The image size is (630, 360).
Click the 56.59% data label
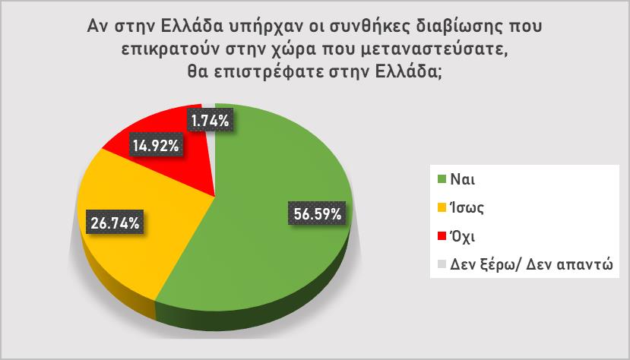(317, 213)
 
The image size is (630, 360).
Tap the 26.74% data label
(116, 222)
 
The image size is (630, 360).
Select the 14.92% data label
(156, 145)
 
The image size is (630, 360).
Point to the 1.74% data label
(211, 119)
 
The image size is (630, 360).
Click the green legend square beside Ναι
(442, 179)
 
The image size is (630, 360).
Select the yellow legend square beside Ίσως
(442, 207)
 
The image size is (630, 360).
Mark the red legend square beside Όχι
(442, 236)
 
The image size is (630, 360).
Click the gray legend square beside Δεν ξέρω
(442, 264)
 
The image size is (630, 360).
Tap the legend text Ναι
(463, 179)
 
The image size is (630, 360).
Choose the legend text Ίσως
(467, 208)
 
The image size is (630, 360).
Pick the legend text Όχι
(462, 236)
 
